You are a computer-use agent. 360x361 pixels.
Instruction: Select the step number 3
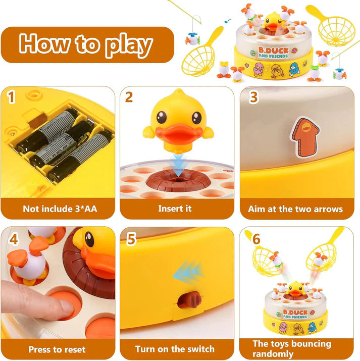click(254, 96)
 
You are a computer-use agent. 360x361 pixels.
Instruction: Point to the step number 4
click(14, 239)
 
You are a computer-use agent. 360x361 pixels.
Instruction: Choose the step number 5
click(131, 239)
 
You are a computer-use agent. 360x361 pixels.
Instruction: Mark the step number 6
click(256, 239)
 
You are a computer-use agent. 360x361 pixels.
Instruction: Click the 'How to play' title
click(86, 45)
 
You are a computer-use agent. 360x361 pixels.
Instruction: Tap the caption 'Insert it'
click(175, 209)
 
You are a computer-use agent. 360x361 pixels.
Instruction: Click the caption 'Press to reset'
click(57, 349)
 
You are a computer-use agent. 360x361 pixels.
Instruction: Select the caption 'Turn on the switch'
click(175, 349)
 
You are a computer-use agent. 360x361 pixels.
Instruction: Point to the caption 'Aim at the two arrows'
click(295, 209)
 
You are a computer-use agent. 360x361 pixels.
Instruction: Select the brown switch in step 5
click(187, 300)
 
